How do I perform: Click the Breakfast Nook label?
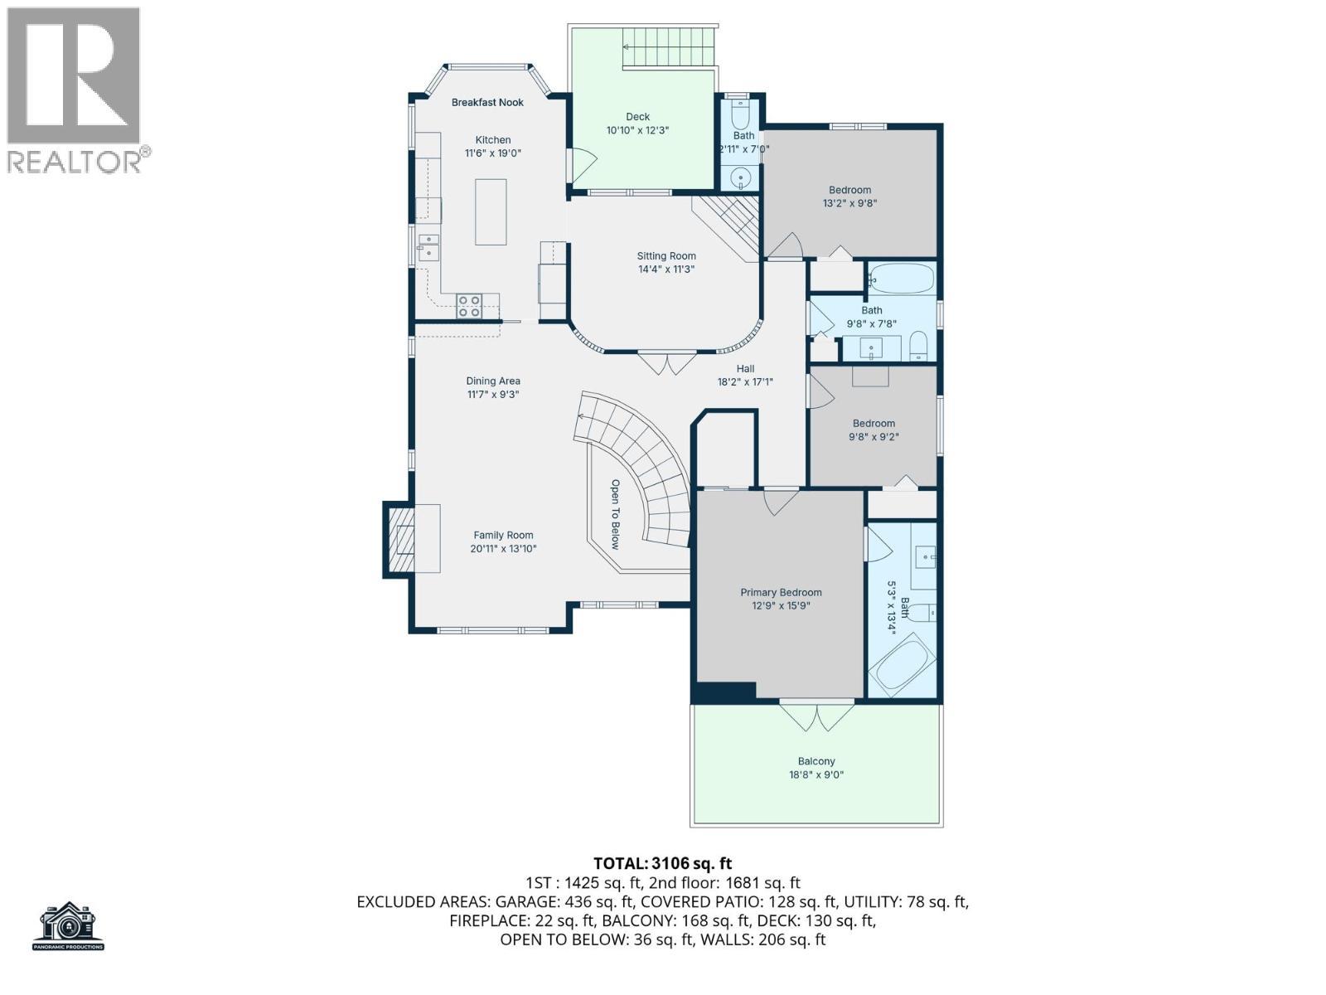487,103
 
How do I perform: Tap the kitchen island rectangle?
491,211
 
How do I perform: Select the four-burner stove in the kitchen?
469,306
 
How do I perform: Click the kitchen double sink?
428,248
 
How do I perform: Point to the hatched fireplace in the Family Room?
400,540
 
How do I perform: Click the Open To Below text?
615,514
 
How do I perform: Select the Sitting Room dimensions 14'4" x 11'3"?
666,269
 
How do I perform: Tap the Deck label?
638,117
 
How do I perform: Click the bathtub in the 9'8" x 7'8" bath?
902,279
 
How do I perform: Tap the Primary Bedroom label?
782,593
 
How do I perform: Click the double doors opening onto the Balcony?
816,716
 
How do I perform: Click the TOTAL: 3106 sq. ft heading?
663,863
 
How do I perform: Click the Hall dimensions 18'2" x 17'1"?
745,382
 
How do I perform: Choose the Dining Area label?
493,381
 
